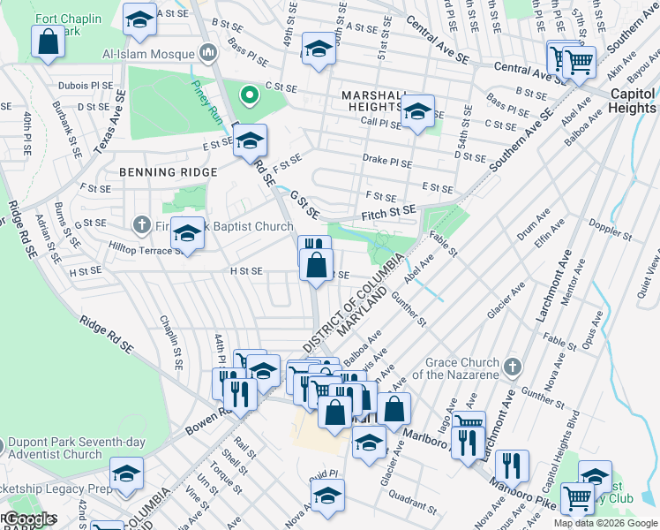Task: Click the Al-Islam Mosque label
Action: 146,53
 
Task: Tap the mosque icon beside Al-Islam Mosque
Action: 209,53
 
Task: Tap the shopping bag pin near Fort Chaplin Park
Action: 48,41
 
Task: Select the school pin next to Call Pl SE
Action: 417,111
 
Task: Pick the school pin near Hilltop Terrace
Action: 187,233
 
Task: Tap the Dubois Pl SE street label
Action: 86,86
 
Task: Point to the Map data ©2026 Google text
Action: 604,523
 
